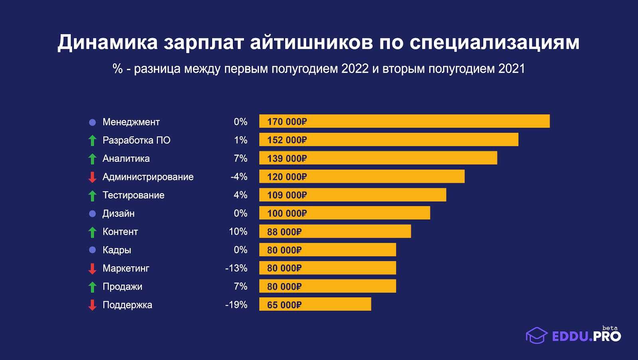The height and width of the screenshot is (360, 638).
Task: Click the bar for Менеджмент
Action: click(404, 121)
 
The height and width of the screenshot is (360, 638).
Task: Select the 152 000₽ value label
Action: click(287, 140)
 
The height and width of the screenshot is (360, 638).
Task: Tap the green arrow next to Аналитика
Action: click(92, 159)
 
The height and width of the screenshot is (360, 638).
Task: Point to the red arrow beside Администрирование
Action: click(92, 177)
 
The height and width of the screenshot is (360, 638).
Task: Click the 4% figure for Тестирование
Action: click(240, 195)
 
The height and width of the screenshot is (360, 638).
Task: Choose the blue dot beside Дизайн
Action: click(92, 213)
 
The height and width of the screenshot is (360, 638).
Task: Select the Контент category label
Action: click(120, 232)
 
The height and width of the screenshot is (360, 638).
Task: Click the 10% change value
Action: click(238, 232)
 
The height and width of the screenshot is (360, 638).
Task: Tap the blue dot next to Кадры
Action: click(92, 250)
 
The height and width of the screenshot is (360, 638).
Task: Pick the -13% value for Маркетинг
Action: click(236, 268)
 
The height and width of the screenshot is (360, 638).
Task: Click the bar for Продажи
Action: click(327, 286)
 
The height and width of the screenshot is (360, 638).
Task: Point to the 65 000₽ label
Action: click(284, 305)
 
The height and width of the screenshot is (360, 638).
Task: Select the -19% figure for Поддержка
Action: click(236, 305)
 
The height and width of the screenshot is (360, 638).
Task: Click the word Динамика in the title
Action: click(108, 42)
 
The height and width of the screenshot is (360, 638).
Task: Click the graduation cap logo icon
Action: click(536, 335)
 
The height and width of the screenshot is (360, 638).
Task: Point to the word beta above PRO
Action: click(610, 328)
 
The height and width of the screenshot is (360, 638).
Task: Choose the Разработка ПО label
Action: click(136, 140)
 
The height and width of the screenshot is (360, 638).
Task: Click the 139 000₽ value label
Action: click(287, 158)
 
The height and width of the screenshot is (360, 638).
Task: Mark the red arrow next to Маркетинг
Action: click(92, 269)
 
